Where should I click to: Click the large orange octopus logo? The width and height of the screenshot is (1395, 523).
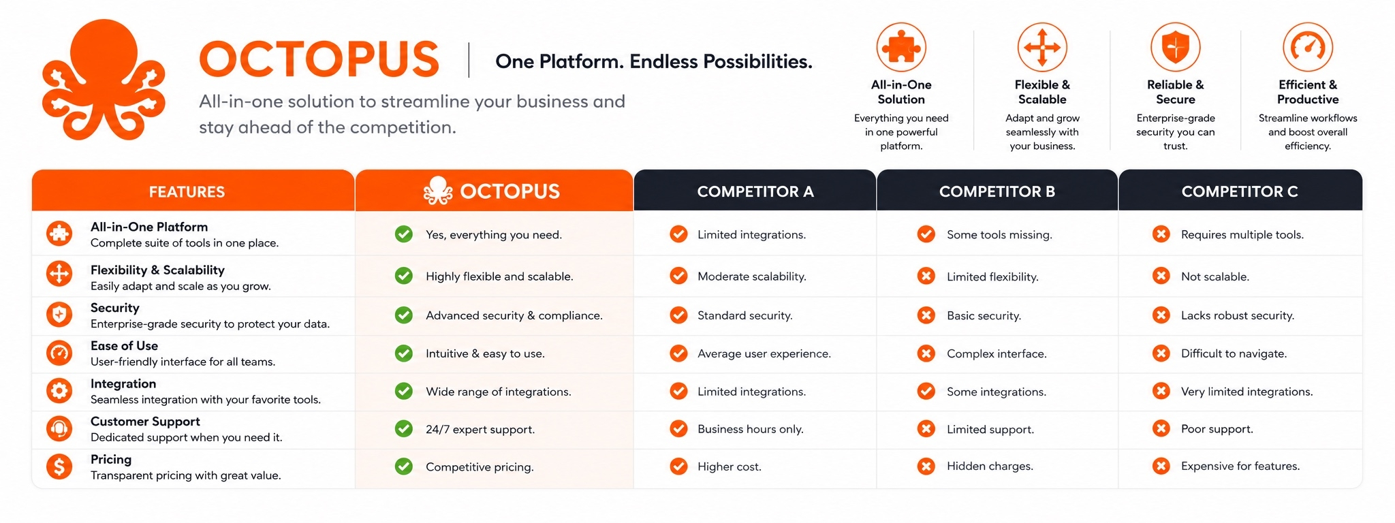point(104,80)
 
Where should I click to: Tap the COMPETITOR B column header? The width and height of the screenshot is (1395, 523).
point(997,191)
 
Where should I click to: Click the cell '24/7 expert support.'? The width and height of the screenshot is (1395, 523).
point(480,430)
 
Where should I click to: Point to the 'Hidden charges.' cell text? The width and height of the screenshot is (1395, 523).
point(990,466)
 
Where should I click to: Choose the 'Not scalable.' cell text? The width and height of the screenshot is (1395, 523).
point(1215,276)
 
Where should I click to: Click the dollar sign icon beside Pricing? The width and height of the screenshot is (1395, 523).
point(59,466)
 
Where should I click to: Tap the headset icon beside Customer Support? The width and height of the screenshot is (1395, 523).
point(59,429)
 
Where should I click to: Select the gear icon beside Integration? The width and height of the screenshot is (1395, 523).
point(59,391)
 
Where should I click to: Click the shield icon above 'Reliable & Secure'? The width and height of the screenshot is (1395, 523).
point(1175,47)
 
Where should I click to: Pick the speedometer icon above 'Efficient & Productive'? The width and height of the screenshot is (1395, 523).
point(1307,47)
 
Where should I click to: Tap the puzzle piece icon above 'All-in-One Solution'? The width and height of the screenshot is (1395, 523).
point(901,47)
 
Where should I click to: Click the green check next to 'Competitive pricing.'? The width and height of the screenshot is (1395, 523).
point(404,466)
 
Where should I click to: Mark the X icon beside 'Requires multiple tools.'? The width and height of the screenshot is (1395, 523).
point(1161,234)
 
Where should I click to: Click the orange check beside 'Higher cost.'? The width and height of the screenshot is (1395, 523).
point(678,466)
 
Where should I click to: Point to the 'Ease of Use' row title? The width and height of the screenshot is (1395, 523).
point(124,346)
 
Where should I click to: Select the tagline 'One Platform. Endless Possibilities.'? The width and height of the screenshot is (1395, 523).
point(654,62)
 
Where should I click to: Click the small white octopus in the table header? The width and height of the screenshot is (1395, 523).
point(438,191)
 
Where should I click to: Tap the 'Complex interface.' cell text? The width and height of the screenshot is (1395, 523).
point(997,354)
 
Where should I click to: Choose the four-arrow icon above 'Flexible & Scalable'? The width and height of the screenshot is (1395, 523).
point(1042,47)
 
